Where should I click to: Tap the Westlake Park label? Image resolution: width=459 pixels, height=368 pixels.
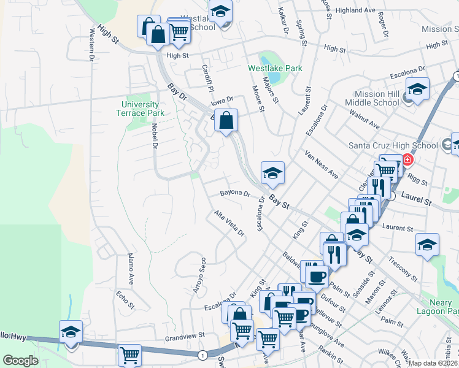275,68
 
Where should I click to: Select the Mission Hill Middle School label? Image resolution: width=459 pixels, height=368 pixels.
377,98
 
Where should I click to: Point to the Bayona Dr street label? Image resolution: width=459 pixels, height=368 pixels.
236,194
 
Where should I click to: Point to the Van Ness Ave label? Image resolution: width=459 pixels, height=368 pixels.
321,163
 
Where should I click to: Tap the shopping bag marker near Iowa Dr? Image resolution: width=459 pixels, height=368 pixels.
226,120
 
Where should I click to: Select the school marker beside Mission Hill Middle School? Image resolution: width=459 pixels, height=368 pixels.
417,90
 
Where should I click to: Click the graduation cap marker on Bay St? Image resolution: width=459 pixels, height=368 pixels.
272,172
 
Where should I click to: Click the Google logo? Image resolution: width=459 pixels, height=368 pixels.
21,360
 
